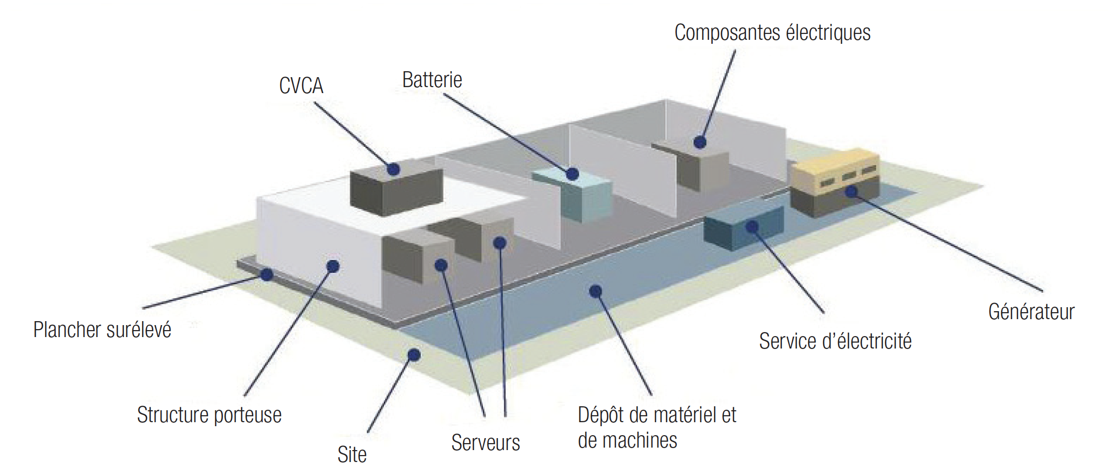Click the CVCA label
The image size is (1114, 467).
click(x=301, y=86)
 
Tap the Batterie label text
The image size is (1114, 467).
click(x=432, y=80)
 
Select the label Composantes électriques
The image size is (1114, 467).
click(x=772, y=33)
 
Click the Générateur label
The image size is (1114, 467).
click(x=1031, y=312)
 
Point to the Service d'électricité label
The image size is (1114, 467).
click(x=835, y=342)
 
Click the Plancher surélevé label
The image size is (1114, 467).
click(x=102, y=330)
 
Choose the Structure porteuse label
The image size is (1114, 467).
click(x=209, y=415)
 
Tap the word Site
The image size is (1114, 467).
click(x=352, y=454)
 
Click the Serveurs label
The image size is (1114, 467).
click(x=485, y=443)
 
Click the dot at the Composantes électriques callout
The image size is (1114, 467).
click(x=700, y=142)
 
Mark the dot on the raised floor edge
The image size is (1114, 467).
click(x=267, y=274)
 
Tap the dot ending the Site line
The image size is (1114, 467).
click(x=414, y=355)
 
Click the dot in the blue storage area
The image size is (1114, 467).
click(x=595, y=291)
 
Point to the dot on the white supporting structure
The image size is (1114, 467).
click(x=333, y=266)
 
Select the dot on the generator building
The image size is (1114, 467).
click(x=851, y=191)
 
